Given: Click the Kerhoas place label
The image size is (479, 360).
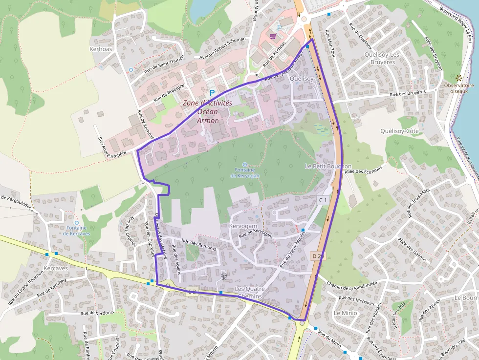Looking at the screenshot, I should [x=101, y=49].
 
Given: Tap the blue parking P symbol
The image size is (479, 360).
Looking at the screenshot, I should [x=212, y=92].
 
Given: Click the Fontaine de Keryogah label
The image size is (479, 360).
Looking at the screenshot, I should [x=245, y=172].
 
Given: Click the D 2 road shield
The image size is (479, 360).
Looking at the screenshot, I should [x=317, y=256].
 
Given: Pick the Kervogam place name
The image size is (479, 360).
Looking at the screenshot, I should [x=243, y=227].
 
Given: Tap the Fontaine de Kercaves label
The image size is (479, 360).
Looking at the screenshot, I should [x=76, y=231].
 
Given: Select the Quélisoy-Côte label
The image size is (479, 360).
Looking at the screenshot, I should [x=399, y=131].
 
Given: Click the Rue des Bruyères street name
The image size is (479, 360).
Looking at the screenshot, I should [x=408, y=93].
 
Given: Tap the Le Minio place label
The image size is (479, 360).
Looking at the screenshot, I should [x=346, y=313].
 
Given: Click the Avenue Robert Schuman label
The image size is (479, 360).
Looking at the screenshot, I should [x=219, y=53].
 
